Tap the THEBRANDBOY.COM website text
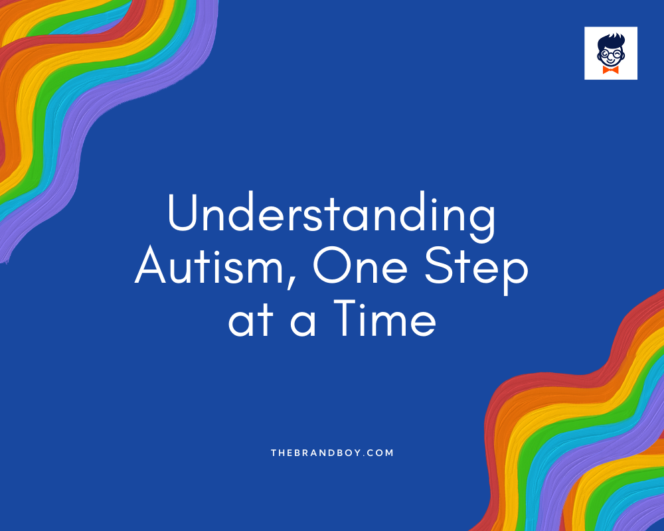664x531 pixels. (332, 453)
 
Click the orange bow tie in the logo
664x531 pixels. (611, 70)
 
